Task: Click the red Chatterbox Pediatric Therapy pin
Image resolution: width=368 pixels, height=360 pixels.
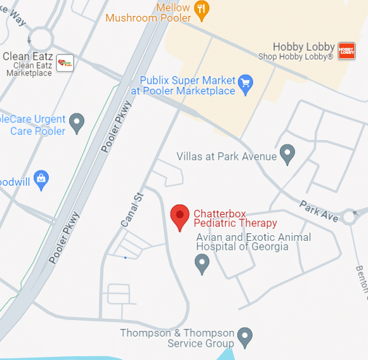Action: (x=180, y=216)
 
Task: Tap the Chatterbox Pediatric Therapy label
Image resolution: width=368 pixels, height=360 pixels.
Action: (x=235, y=218)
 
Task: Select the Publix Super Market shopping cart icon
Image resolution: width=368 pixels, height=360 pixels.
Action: (x=246, y=82)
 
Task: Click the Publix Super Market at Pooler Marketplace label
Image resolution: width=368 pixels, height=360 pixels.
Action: (x=187, y=86)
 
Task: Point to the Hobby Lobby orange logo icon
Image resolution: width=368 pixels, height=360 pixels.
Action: (x=346, y=51)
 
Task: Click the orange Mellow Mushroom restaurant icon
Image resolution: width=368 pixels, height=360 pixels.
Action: (x=202, y=8)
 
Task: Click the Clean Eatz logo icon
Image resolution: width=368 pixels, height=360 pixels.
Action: (x=65, y=63)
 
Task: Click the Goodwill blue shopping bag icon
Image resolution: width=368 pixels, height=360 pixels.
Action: (x=42, y=179)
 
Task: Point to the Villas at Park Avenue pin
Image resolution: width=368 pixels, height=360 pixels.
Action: (x=287, y=153)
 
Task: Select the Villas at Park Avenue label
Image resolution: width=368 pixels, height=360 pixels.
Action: (x=227, y=156)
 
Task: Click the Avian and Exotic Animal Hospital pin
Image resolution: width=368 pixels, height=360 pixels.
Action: (x=202, y=262)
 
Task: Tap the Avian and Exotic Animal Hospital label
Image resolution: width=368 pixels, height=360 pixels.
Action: (x=254, y=242)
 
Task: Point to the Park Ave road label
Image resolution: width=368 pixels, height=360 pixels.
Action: (x=319, y=210)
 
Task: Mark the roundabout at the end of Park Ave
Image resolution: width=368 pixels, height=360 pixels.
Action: (x=349, y=217)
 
